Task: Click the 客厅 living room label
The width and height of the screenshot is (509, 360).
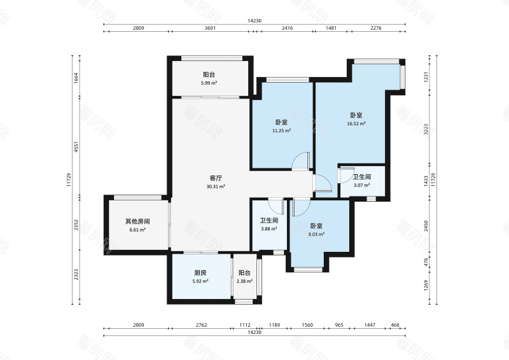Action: (x=216, y=178)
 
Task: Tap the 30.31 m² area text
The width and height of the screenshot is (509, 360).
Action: (x=216, y=186)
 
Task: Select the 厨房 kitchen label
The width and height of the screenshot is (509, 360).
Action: (x=200, y=273)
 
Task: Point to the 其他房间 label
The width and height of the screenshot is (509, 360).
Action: (x=137, y=221)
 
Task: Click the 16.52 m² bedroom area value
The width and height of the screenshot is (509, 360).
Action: (x=356, y=123)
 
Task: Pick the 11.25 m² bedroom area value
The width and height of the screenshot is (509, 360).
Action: (x=281, y=131)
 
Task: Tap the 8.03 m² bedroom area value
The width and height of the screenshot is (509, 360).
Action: (x=316, y=234)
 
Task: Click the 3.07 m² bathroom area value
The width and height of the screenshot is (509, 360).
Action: (x=361, y=185)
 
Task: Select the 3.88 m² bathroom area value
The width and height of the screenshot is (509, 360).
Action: (x=268, y=229)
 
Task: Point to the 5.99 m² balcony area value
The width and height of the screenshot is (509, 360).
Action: (x=209, y=83)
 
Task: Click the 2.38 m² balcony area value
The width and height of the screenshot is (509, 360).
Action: (x=244, y=281)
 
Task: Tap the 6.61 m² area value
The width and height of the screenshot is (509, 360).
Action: (x=137, y=230)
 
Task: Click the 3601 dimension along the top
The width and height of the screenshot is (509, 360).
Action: (x=210, y=28)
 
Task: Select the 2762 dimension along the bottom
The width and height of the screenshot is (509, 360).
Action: (x=201, y=325)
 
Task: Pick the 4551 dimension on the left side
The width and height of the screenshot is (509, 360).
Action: (x=76, y=147)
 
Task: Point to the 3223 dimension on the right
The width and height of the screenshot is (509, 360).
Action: (x=426, y=129)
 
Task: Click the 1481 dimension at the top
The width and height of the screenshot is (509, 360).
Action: (x=331, y=28)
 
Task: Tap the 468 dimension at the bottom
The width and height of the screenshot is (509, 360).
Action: (x=395, y=325)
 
